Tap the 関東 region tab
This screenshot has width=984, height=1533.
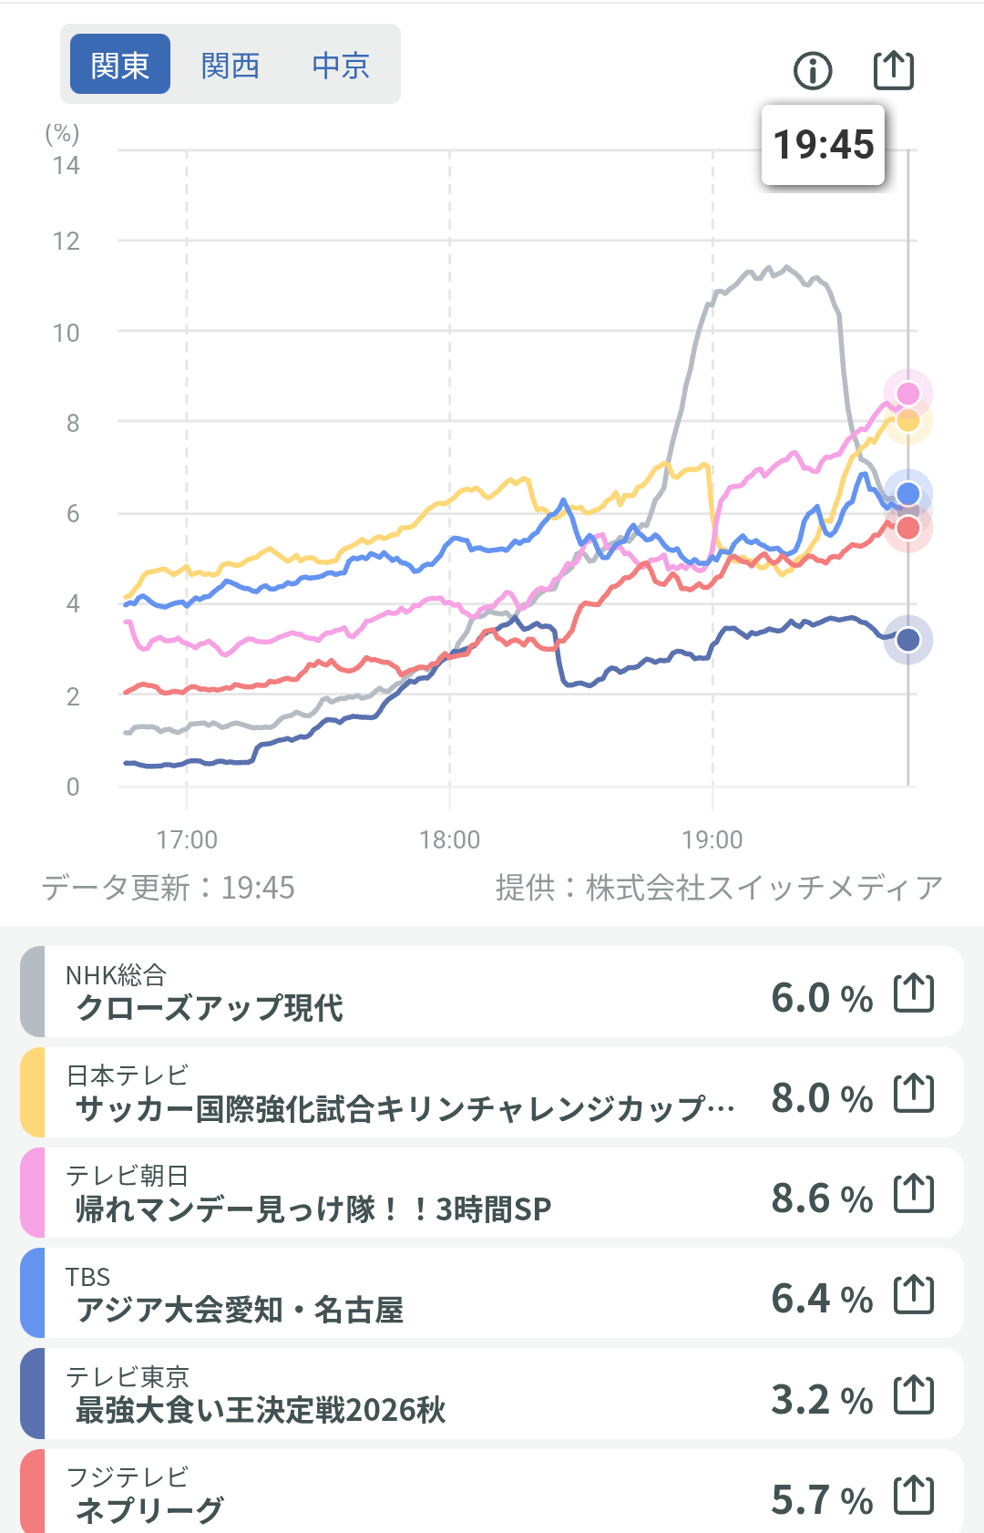point(119,65)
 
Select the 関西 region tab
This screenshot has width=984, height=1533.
point(231,66)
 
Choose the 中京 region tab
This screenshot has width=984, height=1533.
point(341,66)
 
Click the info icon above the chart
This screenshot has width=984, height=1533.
point(813,70)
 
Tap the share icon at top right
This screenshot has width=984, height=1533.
point(894,70)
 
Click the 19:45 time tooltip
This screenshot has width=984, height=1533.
point(824,144)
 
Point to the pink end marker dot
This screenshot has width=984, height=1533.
point(908,394)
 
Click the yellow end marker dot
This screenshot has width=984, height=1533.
point(908,421)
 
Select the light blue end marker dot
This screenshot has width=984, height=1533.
point(908,493)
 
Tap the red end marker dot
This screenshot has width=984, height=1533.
point(908,528)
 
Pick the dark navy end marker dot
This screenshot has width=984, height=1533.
point(908,640)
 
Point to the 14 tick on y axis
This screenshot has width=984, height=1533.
point(67,166)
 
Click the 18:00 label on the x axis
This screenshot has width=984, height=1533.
point(449,839)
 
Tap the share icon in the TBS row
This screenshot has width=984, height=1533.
point(914,1295)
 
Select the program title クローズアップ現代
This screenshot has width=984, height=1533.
point(210,1008)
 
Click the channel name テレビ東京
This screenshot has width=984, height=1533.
point(128,1376)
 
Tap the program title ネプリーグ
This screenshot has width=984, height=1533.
point(149,1509)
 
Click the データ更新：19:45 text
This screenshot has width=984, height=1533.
point(169,888)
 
